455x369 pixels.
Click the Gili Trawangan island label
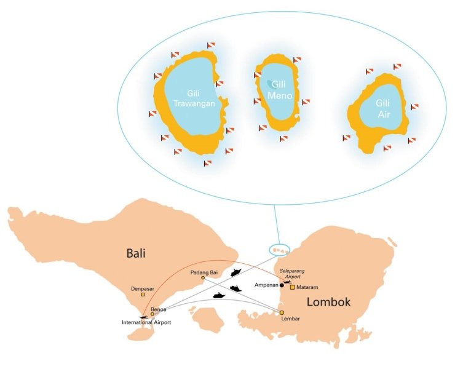click(194, 99)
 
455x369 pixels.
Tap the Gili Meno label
click(280, 90)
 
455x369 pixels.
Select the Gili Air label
click(384, 109)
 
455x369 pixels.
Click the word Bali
click(136, 253)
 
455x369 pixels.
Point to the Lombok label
click(328, 302)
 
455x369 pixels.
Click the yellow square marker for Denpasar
click(143, 295)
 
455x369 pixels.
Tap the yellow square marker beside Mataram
click(293, 287)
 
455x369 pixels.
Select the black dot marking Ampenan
click(282, 285)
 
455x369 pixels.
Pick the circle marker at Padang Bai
click(203, 278)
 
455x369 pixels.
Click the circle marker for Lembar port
click(282, 312)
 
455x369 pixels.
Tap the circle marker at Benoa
click(152, 314)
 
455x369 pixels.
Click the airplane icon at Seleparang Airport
click(287, 282)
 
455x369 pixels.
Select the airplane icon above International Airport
click(144, 317)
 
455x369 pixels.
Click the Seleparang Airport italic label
click(292, 274)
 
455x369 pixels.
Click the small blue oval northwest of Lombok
click(279, 250)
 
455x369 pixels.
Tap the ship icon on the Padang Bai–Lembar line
click(236, 288)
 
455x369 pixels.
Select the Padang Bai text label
click(204, 272)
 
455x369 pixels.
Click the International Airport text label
click(146, 322)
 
